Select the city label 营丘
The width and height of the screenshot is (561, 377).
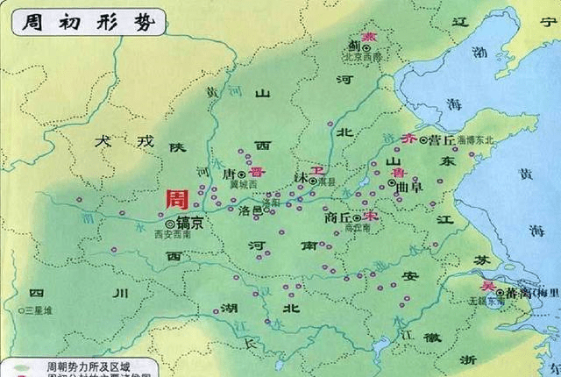(x=441, y=139)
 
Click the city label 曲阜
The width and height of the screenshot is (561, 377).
(x=408, y=188)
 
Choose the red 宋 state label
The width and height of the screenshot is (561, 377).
(x=371, y=215)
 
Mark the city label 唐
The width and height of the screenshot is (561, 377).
(x=231, y=174)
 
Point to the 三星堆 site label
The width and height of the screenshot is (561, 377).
(x=39, y=310)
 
